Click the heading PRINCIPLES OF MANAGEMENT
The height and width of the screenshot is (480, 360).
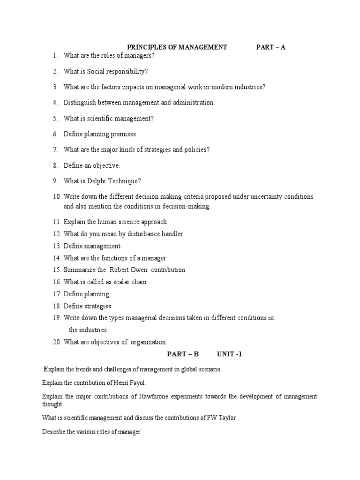177,47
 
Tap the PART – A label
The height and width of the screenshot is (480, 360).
270,47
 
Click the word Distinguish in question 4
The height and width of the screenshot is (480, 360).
81,103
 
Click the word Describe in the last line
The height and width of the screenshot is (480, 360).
53,432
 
